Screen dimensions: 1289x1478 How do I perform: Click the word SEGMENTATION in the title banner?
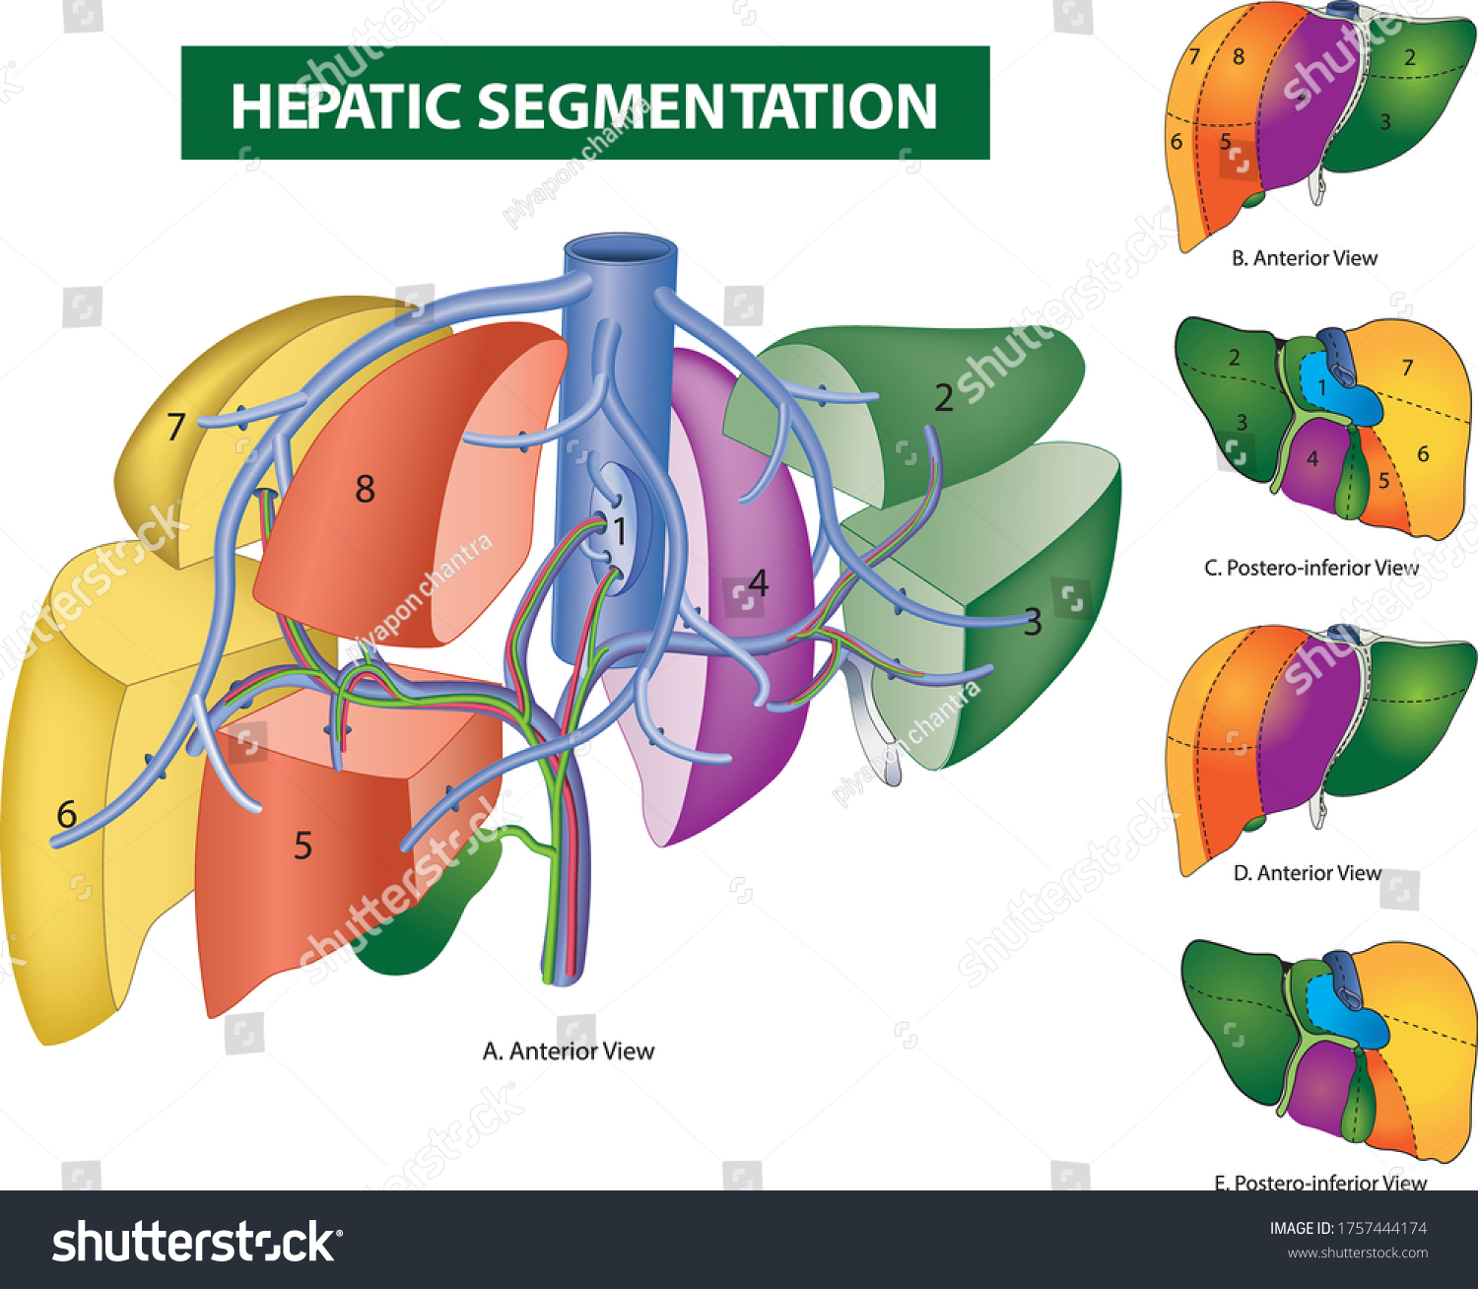pos(706,106)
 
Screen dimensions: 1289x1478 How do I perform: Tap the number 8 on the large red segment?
pos(365,489)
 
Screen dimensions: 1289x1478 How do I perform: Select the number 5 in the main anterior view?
pos(302,846)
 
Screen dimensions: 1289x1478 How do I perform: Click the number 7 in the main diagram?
pos(175,427)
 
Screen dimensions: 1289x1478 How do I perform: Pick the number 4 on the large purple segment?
pos(758,582)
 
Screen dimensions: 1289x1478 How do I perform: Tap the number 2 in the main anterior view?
pos(943,398)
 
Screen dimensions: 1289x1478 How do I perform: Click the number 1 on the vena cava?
pos(620,531)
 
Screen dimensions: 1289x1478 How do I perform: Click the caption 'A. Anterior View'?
pos(568,1052)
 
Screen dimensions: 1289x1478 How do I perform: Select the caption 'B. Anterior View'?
pos(1304,258)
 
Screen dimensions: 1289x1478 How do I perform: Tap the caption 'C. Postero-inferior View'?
pos(1310,568)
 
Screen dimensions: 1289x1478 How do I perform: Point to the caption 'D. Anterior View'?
pos(1307,873)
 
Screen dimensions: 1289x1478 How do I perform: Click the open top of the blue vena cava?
pos(620,247)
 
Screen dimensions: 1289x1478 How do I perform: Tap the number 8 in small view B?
pos(1239,56)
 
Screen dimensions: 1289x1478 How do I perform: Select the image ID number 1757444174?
pos(1381,1228)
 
